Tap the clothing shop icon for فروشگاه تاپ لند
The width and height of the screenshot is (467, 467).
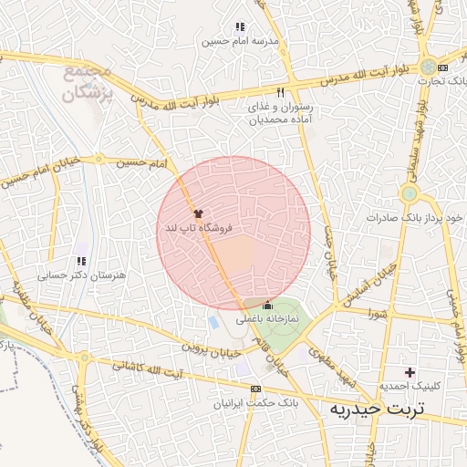(199, 213)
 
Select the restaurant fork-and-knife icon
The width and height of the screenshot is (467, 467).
(280, 92)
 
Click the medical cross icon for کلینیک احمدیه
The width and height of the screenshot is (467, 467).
(410, 371)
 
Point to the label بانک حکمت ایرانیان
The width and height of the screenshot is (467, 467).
(254, 402)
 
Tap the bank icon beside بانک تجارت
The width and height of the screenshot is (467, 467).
(443, 67)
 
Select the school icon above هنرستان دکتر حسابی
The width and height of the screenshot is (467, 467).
(83, 249)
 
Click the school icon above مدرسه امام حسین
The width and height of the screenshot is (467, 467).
(240, 27)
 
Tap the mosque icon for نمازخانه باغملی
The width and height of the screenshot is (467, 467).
(267, 306)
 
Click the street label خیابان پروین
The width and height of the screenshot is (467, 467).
(209, 349)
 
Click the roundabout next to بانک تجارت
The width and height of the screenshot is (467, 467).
(428, 67)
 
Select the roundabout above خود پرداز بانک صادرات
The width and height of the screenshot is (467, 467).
(409, 193)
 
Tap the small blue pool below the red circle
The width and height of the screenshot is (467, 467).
(213, 323)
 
